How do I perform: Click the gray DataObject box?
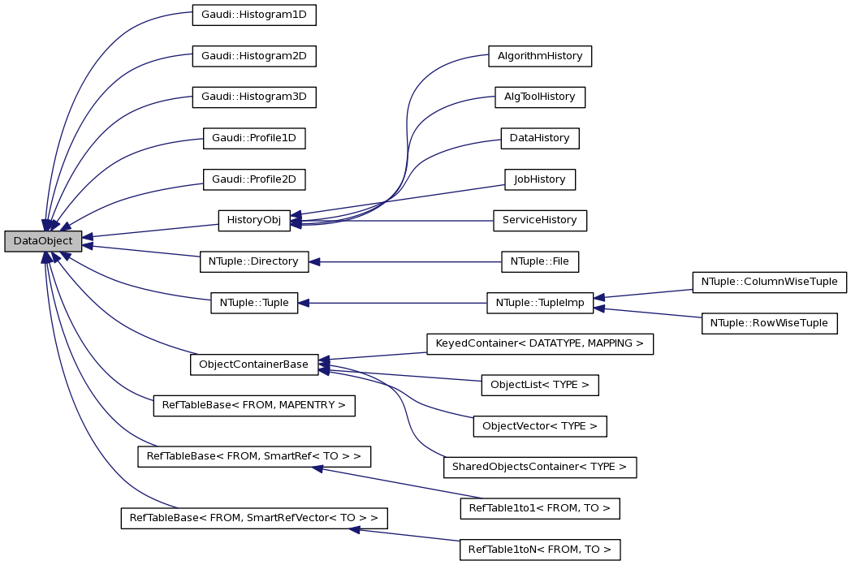43,241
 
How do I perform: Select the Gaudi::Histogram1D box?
253,15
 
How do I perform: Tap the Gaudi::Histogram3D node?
253,97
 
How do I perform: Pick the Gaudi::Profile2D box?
253,179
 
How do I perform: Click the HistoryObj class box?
253,220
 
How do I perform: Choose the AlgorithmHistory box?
540,56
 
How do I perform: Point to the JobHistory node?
540,179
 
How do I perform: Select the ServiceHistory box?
540,220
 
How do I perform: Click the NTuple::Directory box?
253,261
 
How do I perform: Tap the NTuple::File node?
540,261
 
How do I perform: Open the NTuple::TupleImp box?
540,303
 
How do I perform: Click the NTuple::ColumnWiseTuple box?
769,282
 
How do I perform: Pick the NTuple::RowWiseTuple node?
769,323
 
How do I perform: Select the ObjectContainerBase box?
253,364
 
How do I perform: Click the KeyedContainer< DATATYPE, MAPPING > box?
540,344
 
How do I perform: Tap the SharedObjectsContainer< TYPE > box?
540,467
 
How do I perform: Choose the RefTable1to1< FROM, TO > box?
540,509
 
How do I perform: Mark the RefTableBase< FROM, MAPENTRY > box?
253,404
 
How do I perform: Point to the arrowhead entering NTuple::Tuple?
305,303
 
